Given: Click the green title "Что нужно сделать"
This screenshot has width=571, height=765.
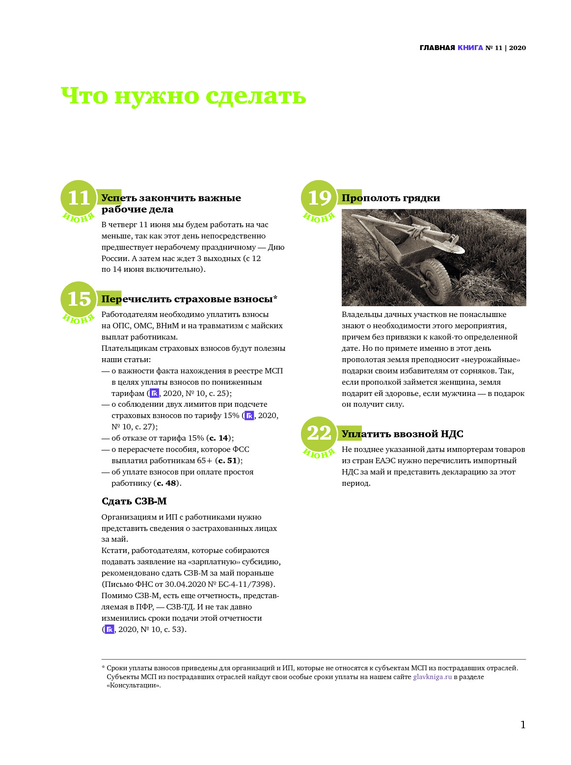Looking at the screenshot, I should [183, 96].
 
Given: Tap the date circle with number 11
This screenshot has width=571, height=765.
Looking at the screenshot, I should [79, 198].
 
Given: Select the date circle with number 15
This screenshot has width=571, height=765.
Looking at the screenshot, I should [79, 299].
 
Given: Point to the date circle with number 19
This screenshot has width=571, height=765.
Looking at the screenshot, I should [319, 198].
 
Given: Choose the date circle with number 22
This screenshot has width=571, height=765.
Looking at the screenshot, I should [319, 434].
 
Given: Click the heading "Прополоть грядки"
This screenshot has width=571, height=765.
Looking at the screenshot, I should [391, 198].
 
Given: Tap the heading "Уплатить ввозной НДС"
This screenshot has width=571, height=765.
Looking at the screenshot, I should [403, 434].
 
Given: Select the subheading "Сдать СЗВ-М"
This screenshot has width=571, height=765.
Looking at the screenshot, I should [134, 501].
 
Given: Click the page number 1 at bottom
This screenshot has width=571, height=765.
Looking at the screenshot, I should [523, 725].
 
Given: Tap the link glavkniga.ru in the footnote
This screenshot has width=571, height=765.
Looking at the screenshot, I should [432, 677].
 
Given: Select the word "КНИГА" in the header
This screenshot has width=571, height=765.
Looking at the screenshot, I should [470, 48].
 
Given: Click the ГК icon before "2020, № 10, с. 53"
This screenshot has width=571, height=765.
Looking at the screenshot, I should [109, 630].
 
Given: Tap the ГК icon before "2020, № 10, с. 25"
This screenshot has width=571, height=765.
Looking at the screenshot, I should [154, 393].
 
